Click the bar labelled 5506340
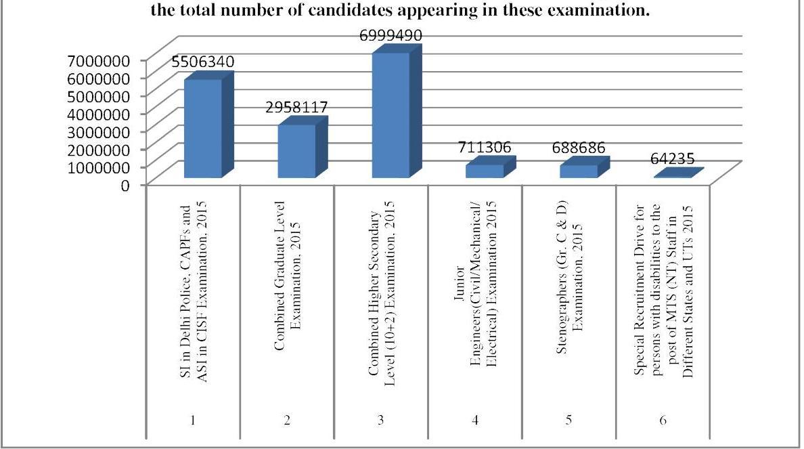point(203,129)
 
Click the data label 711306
point(485,147)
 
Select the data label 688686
point(578,147)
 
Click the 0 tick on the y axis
point(125,184)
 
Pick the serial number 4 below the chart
point(475,421)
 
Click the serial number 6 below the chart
point(663,421)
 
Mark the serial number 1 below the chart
point(194,421)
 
